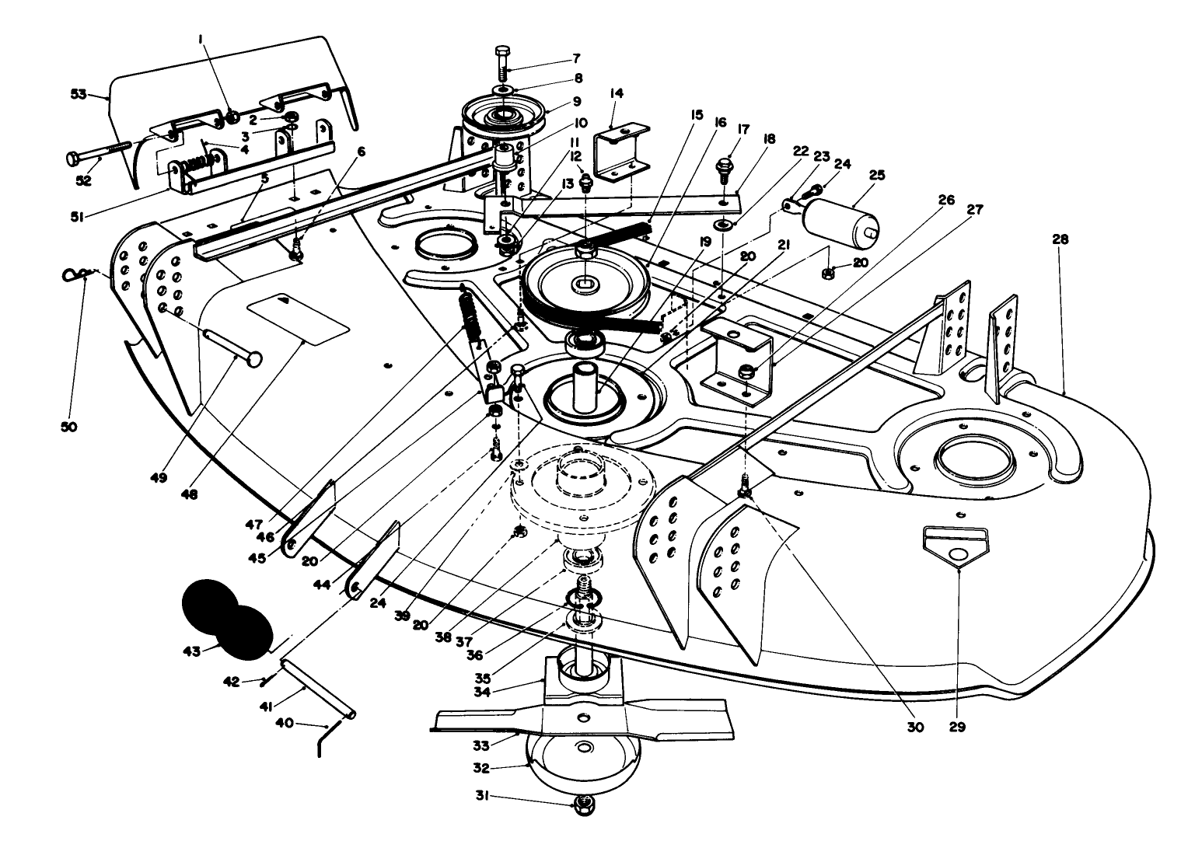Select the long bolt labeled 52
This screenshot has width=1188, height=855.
point(99,151)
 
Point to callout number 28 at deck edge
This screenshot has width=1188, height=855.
point(1061,240)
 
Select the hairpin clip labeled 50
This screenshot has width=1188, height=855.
point(75,274)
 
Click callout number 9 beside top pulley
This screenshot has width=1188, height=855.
point(576,101)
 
